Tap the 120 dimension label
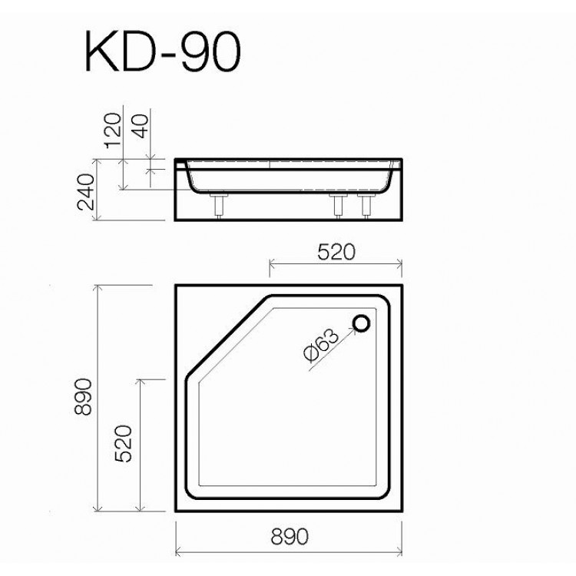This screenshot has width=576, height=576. [x=112, y=130]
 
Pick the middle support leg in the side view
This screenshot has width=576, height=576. [x=336, y=207]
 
